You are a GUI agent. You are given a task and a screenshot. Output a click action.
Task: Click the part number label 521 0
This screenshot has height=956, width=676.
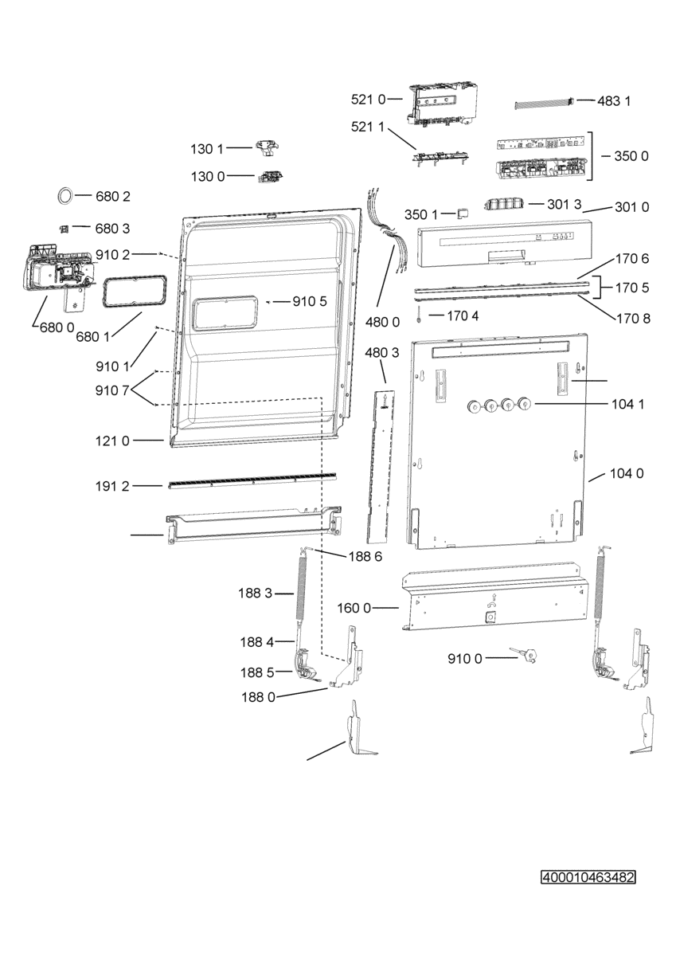pyautogui.click(x=368, y=100)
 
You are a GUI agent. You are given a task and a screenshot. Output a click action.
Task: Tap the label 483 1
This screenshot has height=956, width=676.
pyautogui.click(x=614, y=101)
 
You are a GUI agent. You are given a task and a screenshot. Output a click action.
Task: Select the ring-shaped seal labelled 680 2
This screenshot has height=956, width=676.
pyautogui.click(x=65, y=196)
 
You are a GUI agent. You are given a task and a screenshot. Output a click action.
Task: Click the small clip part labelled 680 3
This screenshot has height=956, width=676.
pyautogui.click(x=64, y=229)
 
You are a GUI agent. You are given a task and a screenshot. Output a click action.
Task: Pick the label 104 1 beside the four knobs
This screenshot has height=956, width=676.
pyautogui.click(x=627, y=404)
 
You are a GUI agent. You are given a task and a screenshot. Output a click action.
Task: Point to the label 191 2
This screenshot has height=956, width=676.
pyautogui.click(x=112, y=486)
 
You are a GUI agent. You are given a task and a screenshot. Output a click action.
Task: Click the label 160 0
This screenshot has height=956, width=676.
pyautogui.click(x=354, y=608)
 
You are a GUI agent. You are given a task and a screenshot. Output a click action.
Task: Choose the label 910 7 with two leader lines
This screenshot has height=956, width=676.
pyautogui.click(x=112, y=390)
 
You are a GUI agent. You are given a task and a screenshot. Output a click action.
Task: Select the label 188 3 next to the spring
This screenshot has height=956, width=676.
pyautogui.click(x=255, y=593)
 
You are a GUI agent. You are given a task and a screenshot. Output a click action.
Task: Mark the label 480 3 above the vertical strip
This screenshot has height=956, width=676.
pyautogui.click(x=382, y=353)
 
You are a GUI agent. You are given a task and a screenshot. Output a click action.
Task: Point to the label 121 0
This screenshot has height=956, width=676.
pyautogui.click(x=112, y=441)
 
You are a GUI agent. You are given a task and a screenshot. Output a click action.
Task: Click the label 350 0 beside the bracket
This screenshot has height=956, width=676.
pyautogui.click(x=631, y=156)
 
